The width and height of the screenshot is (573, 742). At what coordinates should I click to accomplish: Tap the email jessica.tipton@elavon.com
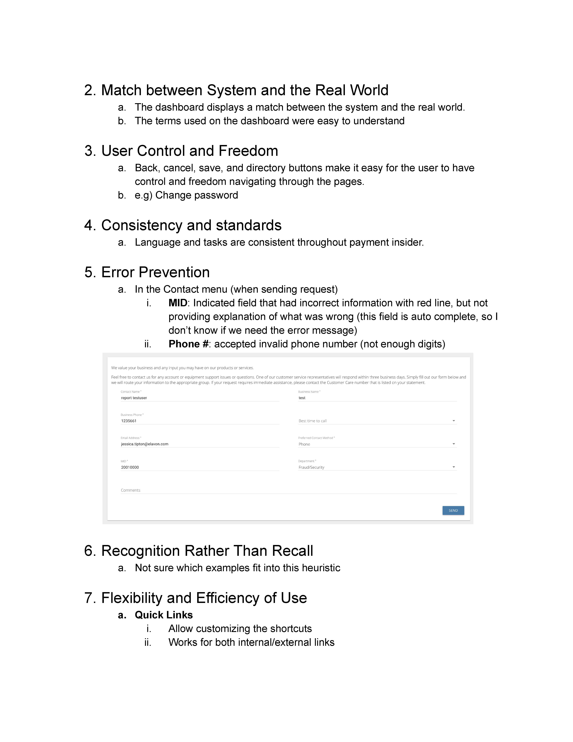point(145,444)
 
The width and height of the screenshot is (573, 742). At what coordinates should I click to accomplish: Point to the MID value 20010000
point(130,467)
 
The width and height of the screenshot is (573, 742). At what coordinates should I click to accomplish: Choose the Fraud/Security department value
point(311,467)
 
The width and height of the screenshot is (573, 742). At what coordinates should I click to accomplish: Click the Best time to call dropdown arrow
point(453,421)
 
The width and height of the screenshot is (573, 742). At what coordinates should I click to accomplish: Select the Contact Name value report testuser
point(134,398)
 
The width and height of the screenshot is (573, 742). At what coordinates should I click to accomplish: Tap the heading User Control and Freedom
point(189,151)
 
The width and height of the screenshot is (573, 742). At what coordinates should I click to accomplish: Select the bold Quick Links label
point(164,615)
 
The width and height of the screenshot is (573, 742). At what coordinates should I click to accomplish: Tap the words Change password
point(197,195)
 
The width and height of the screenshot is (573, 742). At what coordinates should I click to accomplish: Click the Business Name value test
point(302,398)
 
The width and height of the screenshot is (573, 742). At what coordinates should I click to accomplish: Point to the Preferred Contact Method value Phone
point(304,444)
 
